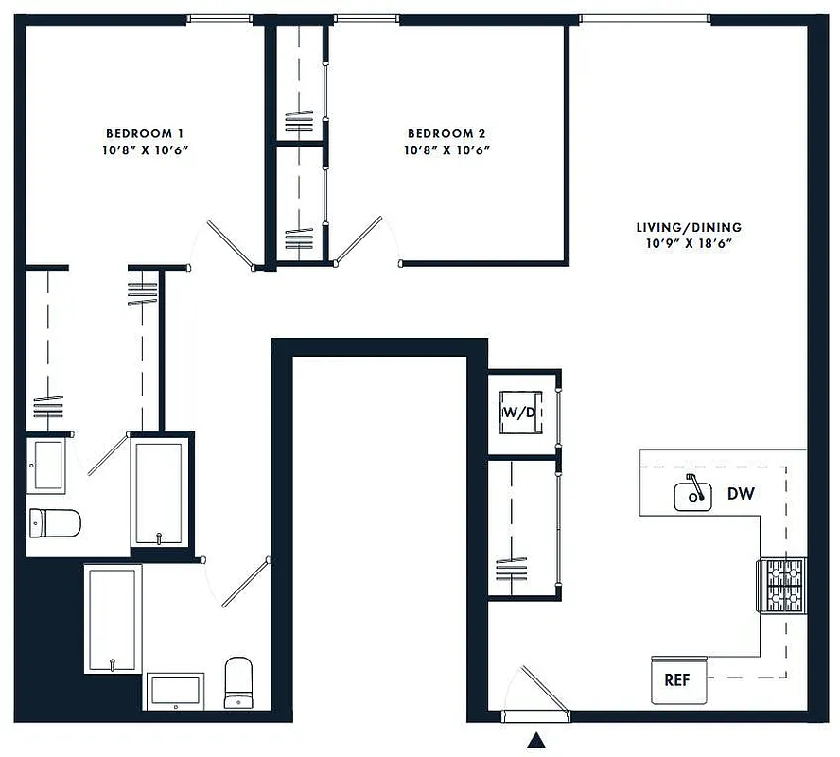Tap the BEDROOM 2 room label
point(446,133)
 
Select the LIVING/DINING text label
point(688,227)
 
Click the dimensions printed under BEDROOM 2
point(446,150)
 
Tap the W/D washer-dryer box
point(519,412)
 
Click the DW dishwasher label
point(741,493)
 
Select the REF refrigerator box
point(676,679)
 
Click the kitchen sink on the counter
point(693,494)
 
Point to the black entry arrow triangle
point(536,739)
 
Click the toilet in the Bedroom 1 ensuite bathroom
point(55,521)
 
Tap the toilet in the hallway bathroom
point(238,682)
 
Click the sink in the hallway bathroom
point(175,690)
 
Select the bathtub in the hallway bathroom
point(113,618)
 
